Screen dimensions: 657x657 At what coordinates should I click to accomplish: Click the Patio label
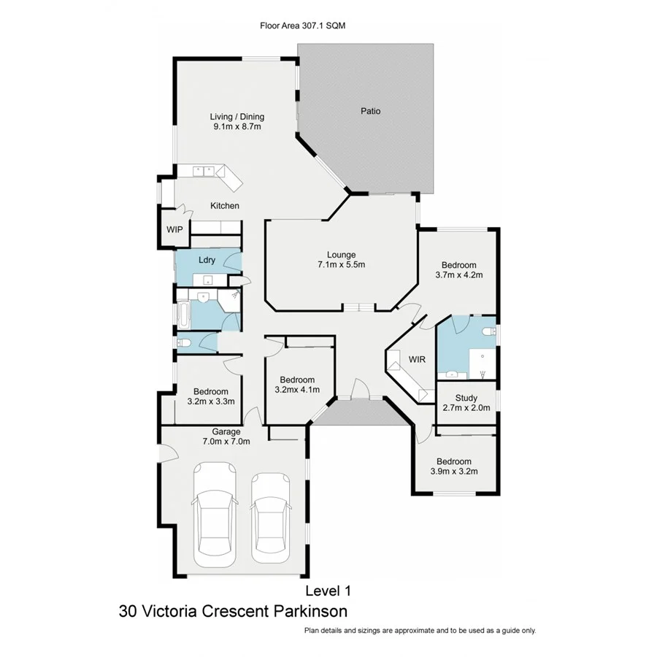[370, 112]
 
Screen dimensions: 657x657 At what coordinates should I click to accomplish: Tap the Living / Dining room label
[237, 117]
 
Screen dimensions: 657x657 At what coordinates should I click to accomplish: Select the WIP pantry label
[174, 229]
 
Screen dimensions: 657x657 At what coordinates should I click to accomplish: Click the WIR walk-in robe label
[417, 360]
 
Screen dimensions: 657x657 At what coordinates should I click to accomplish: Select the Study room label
[466, 399]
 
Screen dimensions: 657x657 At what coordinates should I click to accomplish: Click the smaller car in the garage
[270, 518]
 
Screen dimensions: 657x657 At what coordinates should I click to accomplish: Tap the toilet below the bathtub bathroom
[183, 344]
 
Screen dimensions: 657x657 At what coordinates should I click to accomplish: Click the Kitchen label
[225, 206]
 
